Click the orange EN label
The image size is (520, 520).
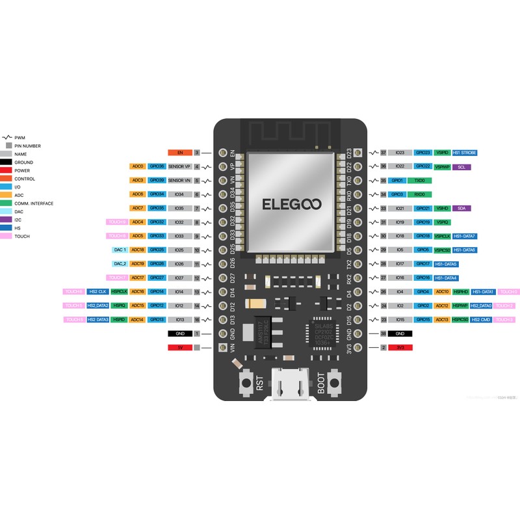tap(180, 153)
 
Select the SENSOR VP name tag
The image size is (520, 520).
tap(180, 166)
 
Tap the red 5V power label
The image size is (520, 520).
tap(180, 348)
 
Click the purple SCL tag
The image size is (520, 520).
tap(461, 167)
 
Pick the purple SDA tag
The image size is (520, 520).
tap(461, 208)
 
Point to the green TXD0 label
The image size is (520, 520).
tap(421, 180)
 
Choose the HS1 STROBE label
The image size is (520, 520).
tap(465, 153)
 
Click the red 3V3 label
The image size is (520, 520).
tap(400, 348)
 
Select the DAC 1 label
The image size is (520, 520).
tap(120, 250)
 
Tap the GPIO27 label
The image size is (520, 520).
tap(157, 278)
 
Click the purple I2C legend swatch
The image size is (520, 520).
tap(7, 220)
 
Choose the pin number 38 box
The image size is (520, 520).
tap(383, 333)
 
